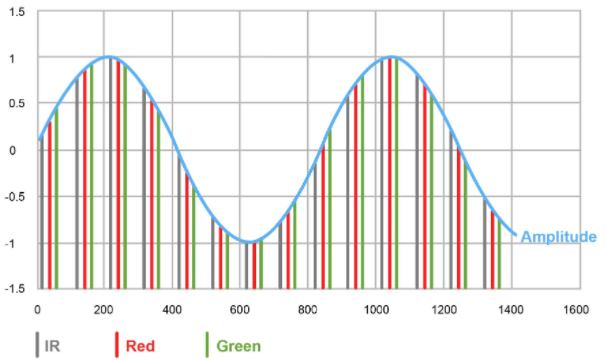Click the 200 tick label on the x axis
(x=104, y=309)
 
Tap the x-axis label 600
(x=239, y=309)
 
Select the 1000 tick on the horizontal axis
(x=373, y=309)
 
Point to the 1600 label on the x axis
(x=575, y=309)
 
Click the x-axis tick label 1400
(x=508, y=309)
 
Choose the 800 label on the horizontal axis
(x=306, y=309)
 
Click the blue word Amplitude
(x=559, y=236)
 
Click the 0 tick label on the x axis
(x=37, y=309)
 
